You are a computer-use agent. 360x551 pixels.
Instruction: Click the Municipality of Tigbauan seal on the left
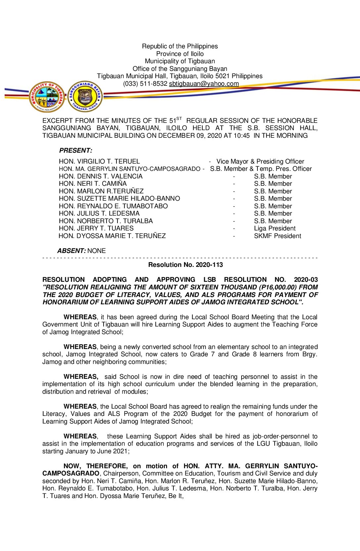point(47,97)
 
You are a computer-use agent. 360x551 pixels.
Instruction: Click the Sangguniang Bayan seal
point(85,97)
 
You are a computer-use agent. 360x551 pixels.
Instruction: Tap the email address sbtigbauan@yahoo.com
point(204,84)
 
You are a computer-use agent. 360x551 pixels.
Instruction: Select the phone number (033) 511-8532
point(145,84)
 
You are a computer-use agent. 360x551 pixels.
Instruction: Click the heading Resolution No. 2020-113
point(185,265)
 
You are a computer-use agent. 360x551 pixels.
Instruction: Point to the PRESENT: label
point(76,151)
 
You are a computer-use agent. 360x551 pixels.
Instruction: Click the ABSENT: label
point(71,251)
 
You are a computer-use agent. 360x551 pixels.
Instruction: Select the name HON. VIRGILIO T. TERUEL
point(99,162)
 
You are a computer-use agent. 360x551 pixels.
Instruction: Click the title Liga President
point(275,228)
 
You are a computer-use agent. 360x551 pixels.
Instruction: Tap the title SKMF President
point(277,236)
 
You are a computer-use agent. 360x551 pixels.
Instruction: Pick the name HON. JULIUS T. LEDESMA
point(99,214)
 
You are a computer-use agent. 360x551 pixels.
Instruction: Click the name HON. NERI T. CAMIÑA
point(93,184)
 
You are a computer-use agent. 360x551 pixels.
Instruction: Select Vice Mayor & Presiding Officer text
point(260,162)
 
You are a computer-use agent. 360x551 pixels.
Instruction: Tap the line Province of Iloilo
point(180,54)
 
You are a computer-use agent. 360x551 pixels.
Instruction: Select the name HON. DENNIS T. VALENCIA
point(101,176)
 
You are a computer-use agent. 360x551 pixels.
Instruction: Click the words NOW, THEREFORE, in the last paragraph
point(95,466)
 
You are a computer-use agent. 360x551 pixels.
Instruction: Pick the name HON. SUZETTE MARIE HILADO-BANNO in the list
point(119,199)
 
